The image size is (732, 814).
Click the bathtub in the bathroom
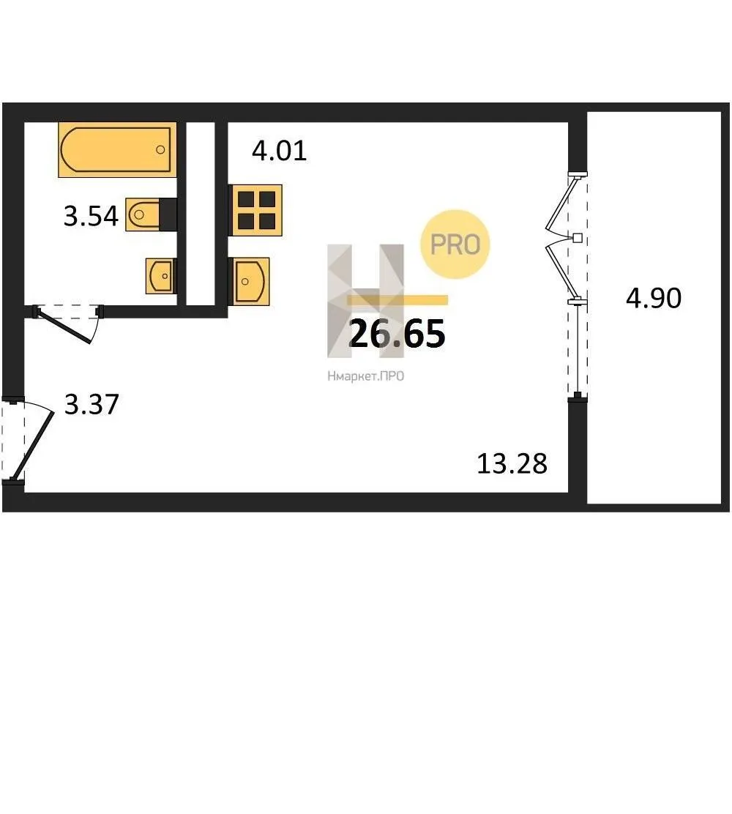[117, 149]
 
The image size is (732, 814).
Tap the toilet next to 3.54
[151, 214]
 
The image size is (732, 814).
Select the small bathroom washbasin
[161, 276]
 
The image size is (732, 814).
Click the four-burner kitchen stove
[255, 210]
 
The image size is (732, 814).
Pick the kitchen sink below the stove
[249, 281]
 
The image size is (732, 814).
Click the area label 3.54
[91, 216]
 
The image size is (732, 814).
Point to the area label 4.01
[280, 151]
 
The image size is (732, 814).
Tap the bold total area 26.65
[397, 333]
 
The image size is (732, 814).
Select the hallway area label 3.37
[91, 404]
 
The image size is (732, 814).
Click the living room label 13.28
[512, 463]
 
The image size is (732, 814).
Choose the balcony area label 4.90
[654, 298]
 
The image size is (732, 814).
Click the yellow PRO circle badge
[455, 244]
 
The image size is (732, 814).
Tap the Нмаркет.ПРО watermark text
[365, 376]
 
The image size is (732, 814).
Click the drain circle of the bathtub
[160, 149]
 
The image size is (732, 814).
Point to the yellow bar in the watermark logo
[397, 299]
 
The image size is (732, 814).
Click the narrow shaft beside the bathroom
[201, 213]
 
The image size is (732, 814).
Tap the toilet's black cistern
[168, 214]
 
